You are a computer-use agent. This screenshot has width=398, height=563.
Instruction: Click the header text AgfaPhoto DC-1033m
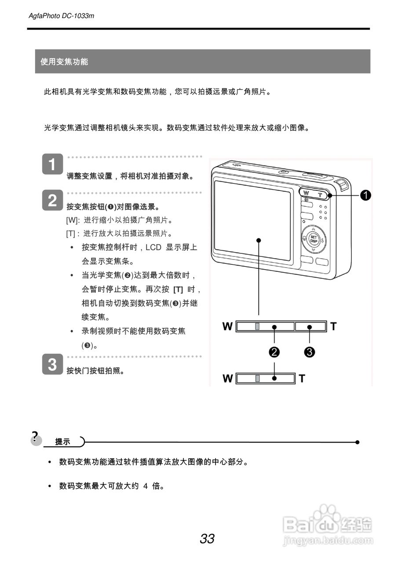(x=61, y=16)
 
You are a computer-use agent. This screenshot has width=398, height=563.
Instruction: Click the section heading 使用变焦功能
(x=64, y=62)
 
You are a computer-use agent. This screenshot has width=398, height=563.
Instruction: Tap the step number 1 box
(x=52, y=165)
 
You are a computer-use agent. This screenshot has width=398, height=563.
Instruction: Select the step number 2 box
(x=52, y=201)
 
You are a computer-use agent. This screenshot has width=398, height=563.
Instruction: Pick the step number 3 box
(x=52, y=365)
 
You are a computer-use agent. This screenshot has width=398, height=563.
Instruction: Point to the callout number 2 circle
(x=274, y=352)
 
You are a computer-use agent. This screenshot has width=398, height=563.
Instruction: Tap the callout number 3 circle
(x=310, y=352)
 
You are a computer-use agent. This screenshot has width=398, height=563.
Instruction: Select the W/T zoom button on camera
(x=314, y=194)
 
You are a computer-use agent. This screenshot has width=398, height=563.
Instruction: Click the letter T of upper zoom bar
(x=333, y=326)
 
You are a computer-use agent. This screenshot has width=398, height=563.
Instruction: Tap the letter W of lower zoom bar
(x=227, y=378)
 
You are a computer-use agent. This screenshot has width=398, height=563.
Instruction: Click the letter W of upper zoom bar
(x=227, y=326)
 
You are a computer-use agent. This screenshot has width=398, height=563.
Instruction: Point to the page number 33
(x=207, y=538)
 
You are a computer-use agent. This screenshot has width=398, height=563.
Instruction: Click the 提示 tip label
(x=62, y=442)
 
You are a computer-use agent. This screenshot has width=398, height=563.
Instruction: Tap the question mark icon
(x=35, y=438)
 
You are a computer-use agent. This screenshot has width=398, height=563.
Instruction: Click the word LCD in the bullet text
(x=153, y=247)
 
